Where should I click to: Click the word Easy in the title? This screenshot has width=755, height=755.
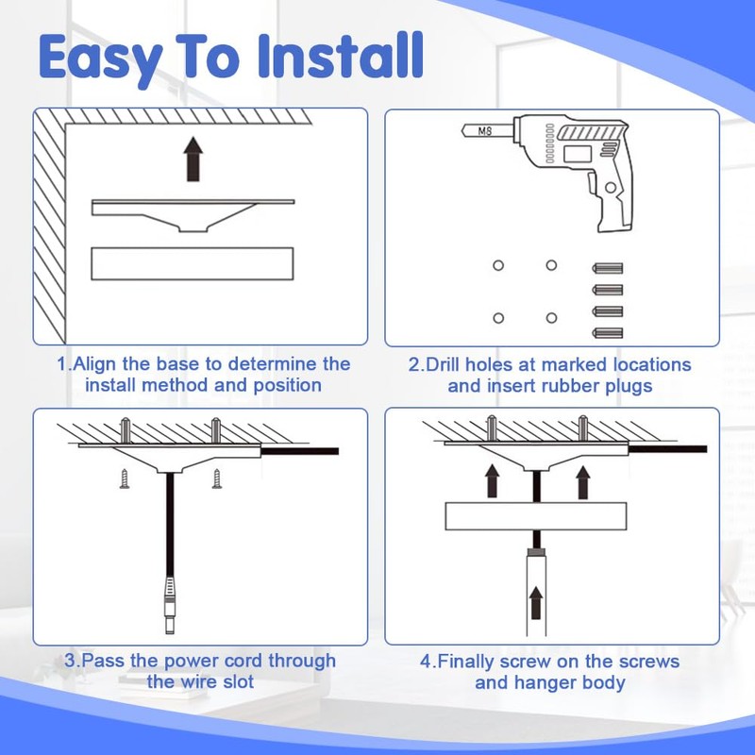tap(98, 59)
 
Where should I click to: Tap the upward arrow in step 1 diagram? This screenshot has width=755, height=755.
tap(193, 158)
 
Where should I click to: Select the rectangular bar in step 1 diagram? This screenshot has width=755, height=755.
tap(192, 263)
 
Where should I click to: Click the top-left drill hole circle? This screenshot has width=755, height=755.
tap(498, 266)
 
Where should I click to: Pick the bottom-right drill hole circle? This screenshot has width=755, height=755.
tap(551, 318)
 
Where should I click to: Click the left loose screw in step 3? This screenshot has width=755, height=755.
tap(124, 479)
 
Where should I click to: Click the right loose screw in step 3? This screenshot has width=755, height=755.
tap(216, 478)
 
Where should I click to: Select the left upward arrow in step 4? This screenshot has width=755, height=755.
tap(492, 480)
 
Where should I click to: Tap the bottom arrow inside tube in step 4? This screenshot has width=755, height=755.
tap(537, 599)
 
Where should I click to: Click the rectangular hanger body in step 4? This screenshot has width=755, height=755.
tap(536, 518)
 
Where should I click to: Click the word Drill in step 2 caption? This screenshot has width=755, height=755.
tap(455, 364)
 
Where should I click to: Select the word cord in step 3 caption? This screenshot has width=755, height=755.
tap(241, 661)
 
